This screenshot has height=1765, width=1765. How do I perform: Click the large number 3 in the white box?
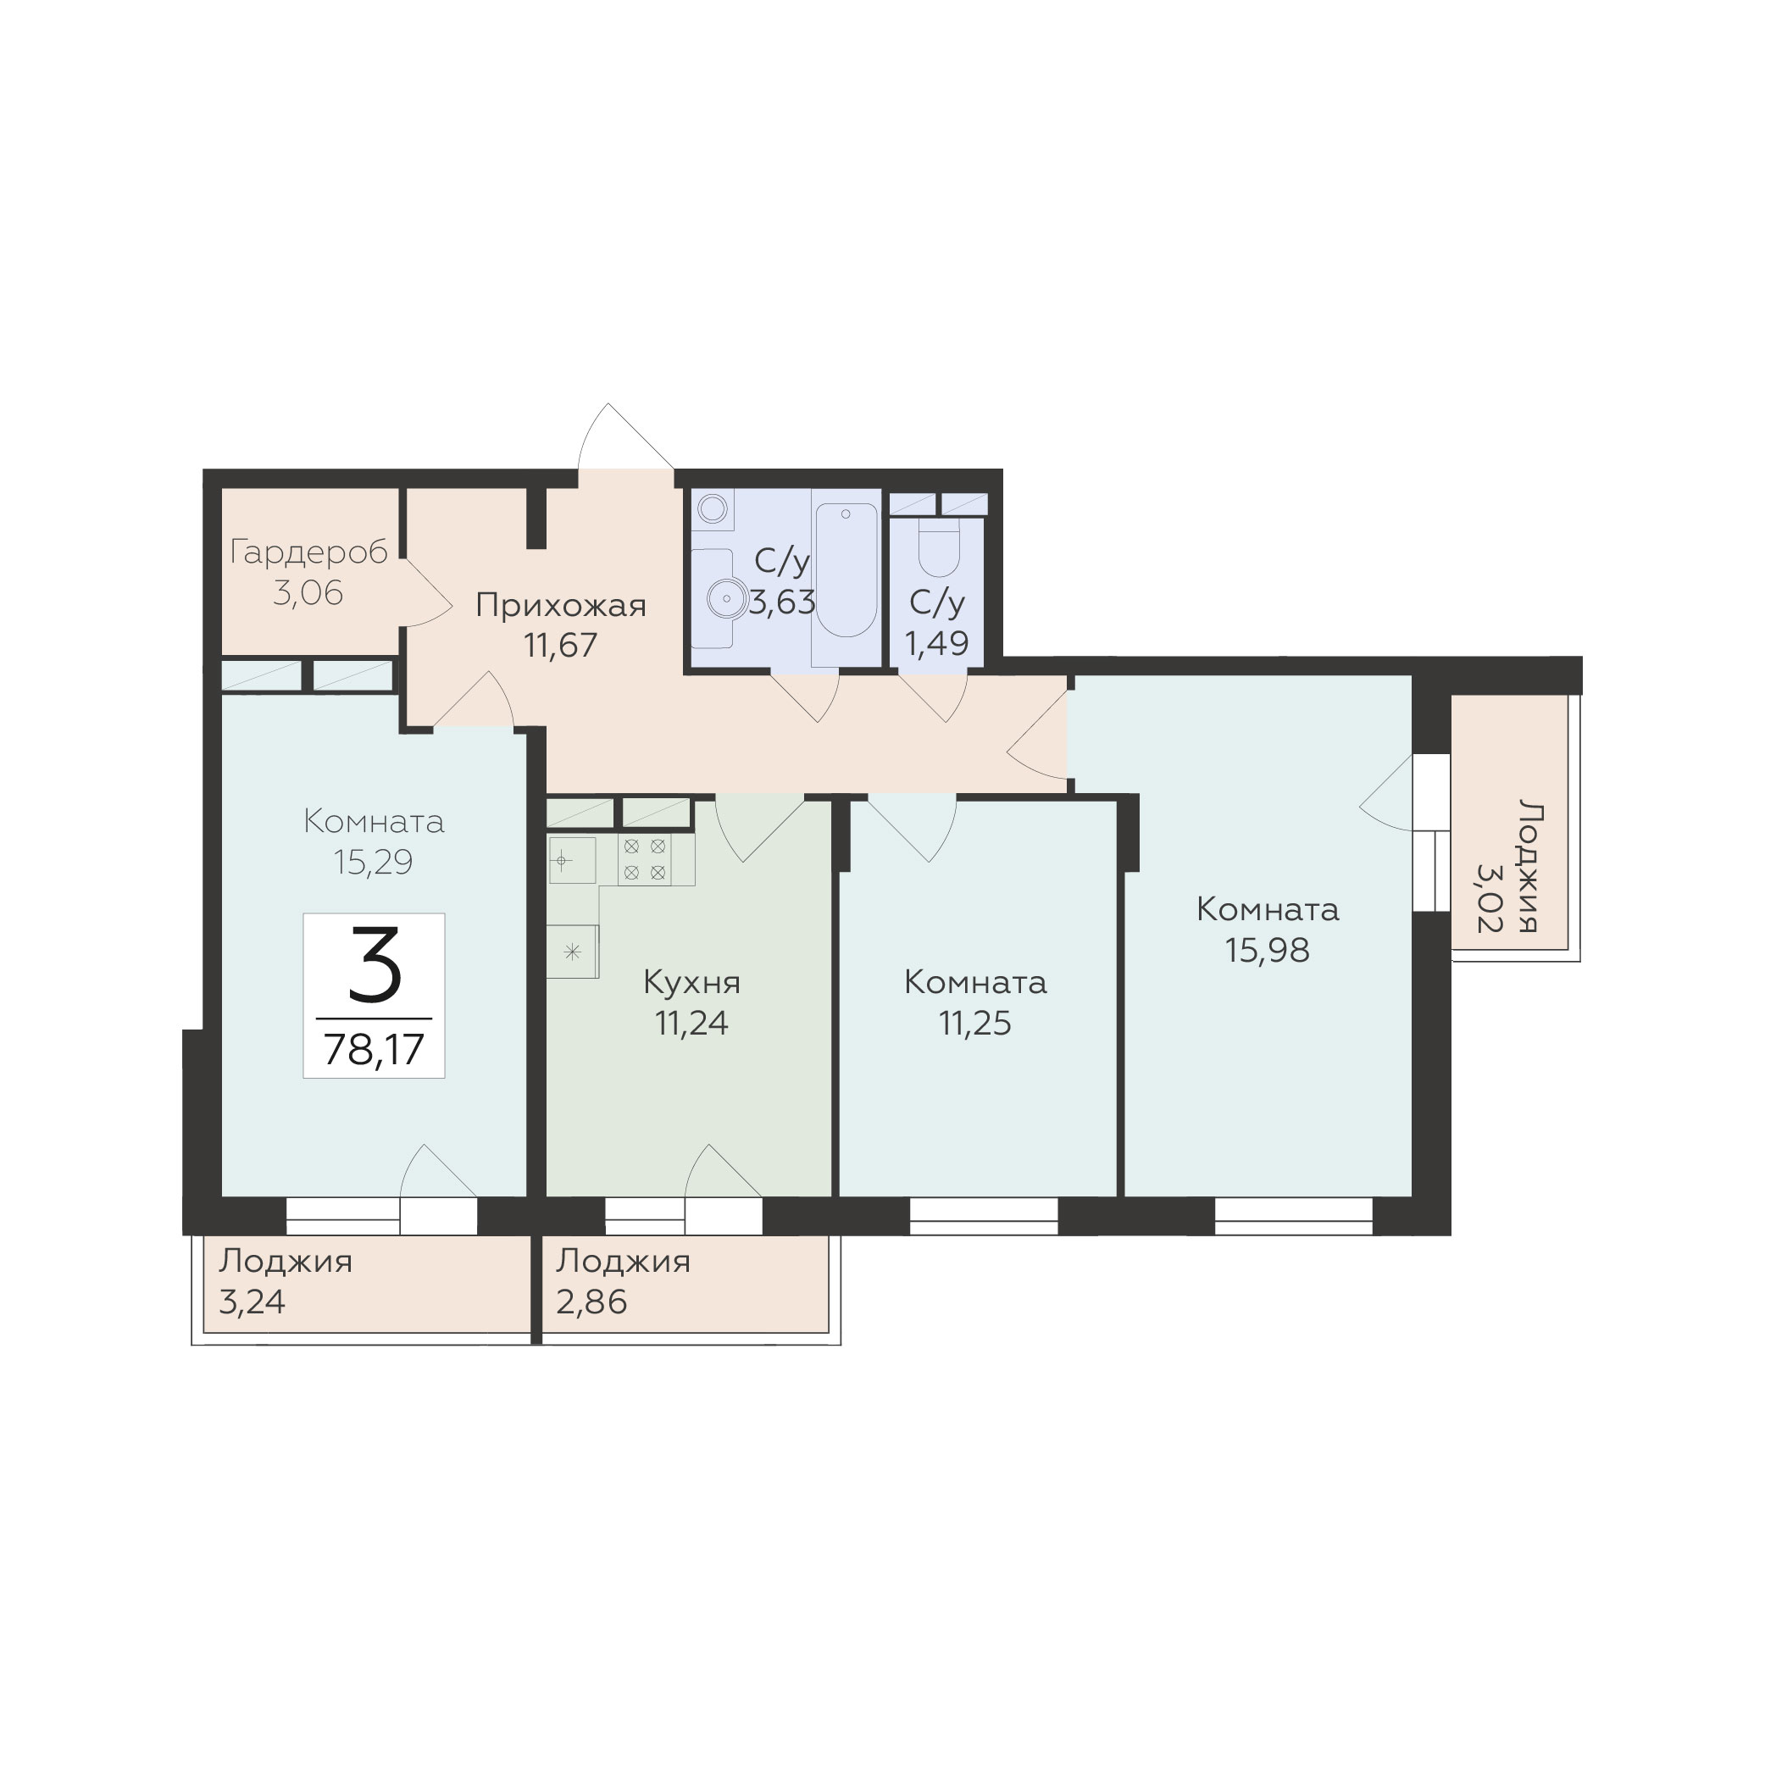pyautogui.click(x=375, y=963)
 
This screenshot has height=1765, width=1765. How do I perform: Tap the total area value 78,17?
pyautogui.click(x=375, y=1049)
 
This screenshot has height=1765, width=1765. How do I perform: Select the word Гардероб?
pyautogui.click(x=308, y=552)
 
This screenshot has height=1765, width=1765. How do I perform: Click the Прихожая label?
pyautogui.click(x=561, y=605)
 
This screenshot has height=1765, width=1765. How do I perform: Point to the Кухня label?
pyautogui.click(x=691, y=983)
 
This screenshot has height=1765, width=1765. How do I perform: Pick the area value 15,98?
pyautogui.click(x=1267, y=950)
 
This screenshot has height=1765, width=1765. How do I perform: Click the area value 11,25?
pyautogui.click(x=974, y=1024)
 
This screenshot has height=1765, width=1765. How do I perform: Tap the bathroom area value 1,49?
pyautogui.click(x=936, y=643)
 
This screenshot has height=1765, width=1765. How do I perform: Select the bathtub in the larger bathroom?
pyautogui.click(x=846, y=570)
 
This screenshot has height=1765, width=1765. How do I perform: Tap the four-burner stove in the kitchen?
pyautogui.click(x=644, y=860)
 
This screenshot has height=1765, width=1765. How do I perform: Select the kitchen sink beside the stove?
pyautogui.click(x=572, y=861)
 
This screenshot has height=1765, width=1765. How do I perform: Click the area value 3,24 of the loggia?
pyautogui.click(x=253, y=1301)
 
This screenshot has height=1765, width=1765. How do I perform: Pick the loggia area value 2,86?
pyautogui.click(x=591, y=1301)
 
